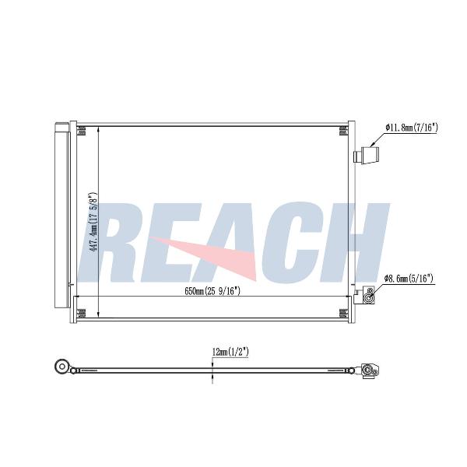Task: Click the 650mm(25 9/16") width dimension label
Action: [x=212, y=291]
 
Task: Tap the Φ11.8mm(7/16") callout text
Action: [x=412, y=128]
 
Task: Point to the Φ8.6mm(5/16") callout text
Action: [x=409, y=279]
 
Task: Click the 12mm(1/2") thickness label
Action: [x=230, y=353]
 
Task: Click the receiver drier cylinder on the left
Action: [x=61, y=215]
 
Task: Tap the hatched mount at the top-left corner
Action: [x=81, y=131]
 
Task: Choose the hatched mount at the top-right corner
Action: [x=343, y=131]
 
